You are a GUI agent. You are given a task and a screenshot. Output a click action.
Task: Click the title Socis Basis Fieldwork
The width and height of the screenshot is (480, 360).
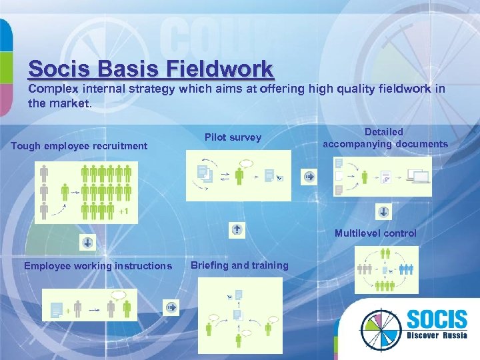click(151, 69)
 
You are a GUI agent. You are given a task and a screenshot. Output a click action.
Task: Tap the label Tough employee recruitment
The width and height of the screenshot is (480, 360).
click(79, 145)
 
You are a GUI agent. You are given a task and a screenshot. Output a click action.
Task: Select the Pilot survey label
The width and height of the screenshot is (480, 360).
click(233, 137)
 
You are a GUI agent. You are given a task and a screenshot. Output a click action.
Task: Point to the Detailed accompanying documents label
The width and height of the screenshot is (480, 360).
click(385, 138)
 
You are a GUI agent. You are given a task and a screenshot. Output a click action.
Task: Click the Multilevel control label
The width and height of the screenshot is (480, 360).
click(375, 233)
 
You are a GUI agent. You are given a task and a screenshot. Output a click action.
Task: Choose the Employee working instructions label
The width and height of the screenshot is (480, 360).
click(97, 266)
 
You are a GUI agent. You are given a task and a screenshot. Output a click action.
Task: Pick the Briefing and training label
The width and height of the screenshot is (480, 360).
click(239, 265)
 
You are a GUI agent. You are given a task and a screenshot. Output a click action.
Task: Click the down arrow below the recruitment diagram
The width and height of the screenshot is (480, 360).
click(88, 242)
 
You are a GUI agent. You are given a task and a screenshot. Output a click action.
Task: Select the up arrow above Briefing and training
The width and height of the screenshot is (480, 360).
click(237, 230)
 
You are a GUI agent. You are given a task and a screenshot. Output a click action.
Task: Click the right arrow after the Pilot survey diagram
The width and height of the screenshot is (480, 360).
click(309, 176)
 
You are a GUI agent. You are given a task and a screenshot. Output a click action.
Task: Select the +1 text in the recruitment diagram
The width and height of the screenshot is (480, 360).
click(123, 213)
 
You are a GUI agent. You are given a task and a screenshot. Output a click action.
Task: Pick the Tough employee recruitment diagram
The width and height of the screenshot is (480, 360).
click(87, 193)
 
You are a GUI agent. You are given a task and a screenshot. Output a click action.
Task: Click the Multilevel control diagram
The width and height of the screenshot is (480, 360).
click(386, 270)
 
